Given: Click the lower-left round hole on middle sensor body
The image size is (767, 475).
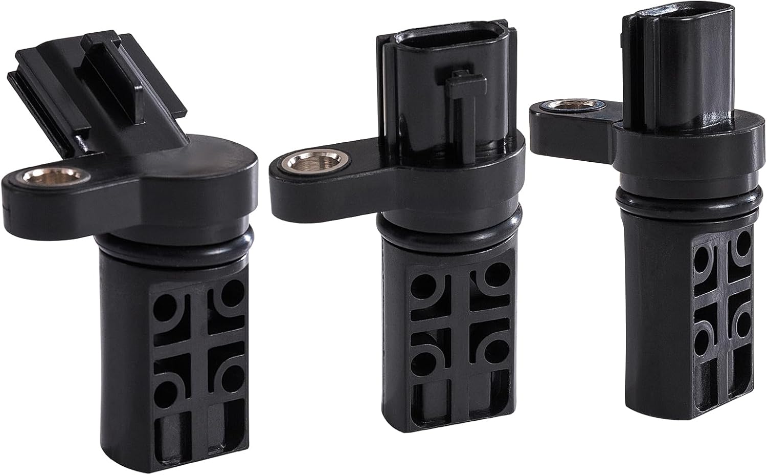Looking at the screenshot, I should [x=420, y=357].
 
